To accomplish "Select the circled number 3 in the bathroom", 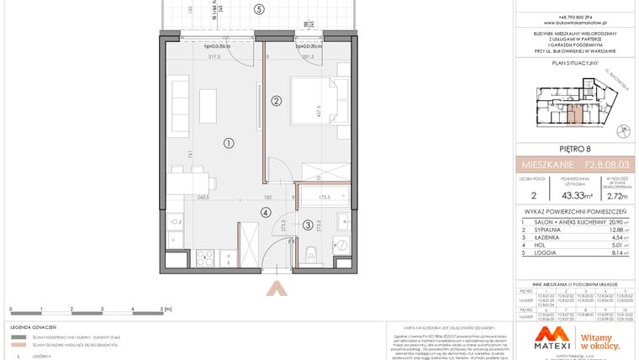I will pyautogui.click(x=308, y=225).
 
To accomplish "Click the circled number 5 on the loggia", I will pyautogui.click(x=259, y=9).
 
